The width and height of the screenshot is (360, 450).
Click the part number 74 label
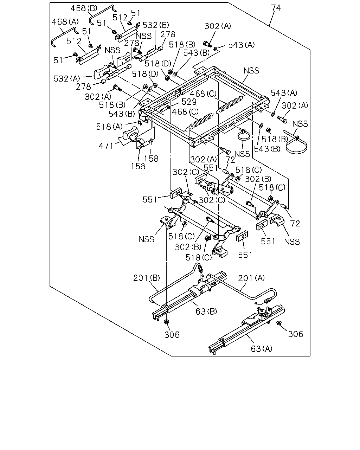pyautogui.click(x=276, y=8)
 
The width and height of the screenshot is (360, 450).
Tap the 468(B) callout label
pyautogui.click(x=84, y=8)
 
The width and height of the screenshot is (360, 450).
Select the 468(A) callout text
pyautogui.click(x=65, y=22)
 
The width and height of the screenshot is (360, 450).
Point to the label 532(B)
pyautogui.click(x=156, y=25)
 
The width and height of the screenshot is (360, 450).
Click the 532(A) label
pyautogui.click(x=67, y=79)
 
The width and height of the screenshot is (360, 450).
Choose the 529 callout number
pyautogui.click(x=189, y=102)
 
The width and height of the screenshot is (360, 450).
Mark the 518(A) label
pyautogui.click(x=109, y=127)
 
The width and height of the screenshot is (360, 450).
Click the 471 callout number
pyautogui.click(x=106, y=146)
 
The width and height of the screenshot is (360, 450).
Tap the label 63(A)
pyautogui.click(x=262, y=349)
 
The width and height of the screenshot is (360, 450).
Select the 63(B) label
pyautogui.click(x=206, y=311)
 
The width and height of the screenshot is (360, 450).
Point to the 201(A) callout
pyautogui.click(x=251, y=278)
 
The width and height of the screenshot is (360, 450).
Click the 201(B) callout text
pyautogui.click(x=147, y=278)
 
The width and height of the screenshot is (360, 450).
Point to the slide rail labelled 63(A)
pyautogui.click(x=247, y=330)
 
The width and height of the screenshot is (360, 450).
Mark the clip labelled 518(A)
pyautogui.click(x=140, y=123)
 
